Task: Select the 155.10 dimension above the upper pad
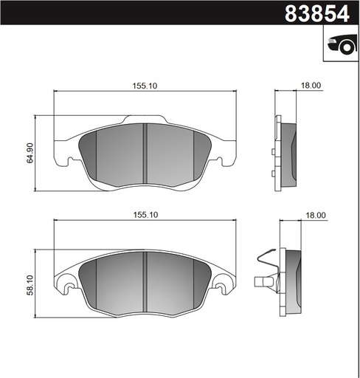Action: click(145, 86)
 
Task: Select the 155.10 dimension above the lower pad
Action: click(145, 214)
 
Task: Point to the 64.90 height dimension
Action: click(30, 153)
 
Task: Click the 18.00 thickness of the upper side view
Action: click(311, 86)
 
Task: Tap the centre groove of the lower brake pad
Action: click(145, 284)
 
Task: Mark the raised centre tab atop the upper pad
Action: click(145, 120)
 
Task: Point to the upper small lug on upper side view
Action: click(273, 152)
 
